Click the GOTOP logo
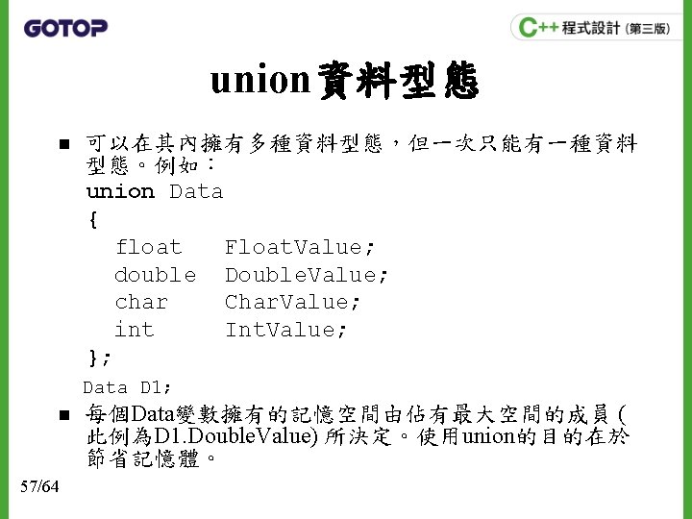pos(64,28)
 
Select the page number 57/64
pos(39,486)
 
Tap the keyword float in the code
pos(148,248)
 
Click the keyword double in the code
pos(155,275)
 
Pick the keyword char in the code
pos(141,303)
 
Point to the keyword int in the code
pos(134,331)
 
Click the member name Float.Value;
pos(300,248)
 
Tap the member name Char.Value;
pos(293,303)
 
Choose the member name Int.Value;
pos(286,331)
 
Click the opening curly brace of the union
pos(92,220)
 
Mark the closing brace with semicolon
pos(99,358)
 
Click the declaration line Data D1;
pos(128,388)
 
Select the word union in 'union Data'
pos(120,192)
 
